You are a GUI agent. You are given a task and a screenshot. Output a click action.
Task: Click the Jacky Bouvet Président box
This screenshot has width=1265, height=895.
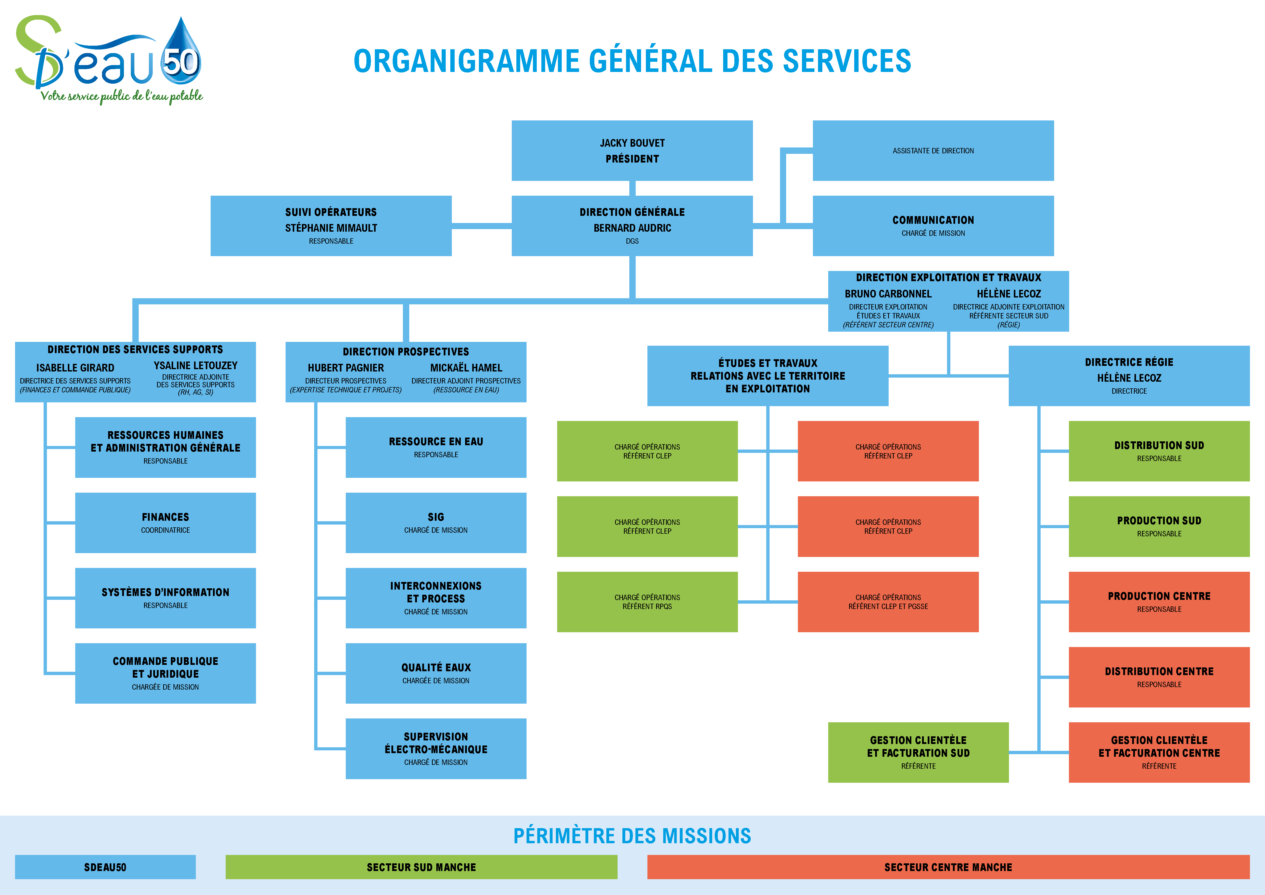tap(632, 151)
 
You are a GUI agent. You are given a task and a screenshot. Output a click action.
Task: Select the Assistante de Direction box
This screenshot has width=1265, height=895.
tap(933, 151)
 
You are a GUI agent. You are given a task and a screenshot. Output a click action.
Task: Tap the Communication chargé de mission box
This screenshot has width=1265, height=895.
tap(933, 226)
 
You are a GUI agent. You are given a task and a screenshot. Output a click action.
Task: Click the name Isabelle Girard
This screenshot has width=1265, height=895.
tap(75, 368)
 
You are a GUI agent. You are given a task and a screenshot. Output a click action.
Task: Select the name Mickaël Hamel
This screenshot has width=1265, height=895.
tap(466, 368)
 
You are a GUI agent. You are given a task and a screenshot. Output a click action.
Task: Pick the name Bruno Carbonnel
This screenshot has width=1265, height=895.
tap(888, 294)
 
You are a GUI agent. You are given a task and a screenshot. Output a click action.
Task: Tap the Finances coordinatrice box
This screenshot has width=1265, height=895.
tap(165, 523)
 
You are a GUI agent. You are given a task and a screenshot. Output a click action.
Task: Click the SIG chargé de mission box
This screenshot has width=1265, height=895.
tap(436, 523)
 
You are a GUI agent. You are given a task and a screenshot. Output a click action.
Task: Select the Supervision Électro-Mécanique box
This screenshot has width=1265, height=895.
tap(436, 748)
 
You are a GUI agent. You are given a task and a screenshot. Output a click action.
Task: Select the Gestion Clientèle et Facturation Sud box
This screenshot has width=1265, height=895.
tap(918, 752)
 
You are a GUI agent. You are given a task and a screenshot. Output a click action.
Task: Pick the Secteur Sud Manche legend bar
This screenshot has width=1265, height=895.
tap(421, 867)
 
